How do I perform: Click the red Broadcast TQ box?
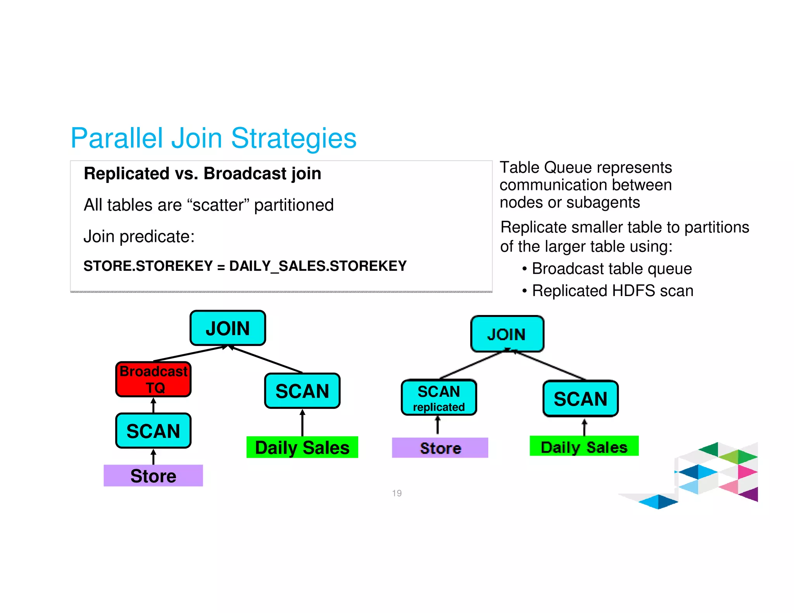pos(154,379)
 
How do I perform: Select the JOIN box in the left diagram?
pos(228,328)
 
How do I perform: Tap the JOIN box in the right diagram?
pos(507,334)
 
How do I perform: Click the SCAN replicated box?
pos(439,398)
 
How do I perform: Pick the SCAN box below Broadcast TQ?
pos(154,431)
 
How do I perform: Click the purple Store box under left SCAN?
pos(153,475)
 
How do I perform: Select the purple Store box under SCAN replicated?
pos(440,448)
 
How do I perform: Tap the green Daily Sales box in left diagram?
pos(302,448)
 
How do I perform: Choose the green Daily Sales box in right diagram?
pos(584,446)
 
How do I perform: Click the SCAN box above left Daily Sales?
pos(302,391)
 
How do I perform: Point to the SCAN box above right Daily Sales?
pos(580,399)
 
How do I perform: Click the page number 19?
pos(397,493)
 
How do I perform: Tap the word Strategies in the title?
pos(293,138)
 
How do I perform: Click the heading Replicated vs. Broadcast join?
pos(202,174)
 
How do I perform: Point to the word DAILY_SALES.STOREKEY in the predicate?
pos(318,266)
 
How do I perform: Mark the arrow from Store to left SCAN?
pos(154,456)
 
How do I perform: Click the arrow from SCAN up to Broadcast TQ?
pos(154,405)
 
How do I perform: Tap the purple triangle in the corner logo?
pos(750,495)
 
